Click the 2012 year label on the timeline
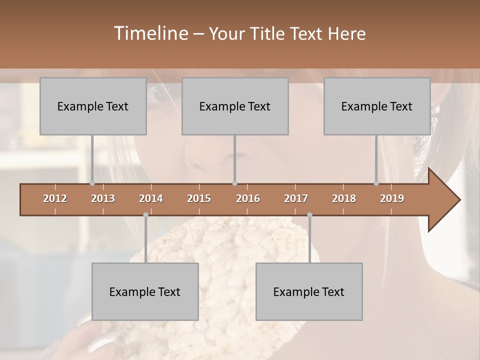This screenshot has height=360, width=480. (x=55, y=198)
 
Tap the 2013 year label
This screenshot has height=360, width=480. (x=103, y=198)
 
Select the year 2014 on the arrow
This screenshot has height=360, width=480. (x=151, y=198)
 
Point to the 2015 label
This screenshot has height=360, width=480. (x=199, y=198)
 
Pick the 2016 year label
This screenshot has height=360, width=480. (x=248, y=198)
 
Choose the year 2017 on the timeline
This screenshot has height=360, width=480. (x=296, y=198)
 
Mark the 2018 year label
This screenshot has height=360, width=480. (x=344, y=198)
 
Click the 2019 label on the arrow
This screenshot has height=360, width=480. (x=392, y=198)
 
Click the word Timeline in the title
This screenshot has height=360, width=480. (x=150, y=33)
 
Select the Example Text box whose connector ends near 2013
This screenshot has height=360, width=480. (x=93, y=106)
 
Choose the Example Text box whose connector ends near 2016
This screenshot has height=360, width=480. (x=235, y=106)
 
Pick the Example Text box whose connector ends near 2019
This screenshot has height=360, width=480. (x=377, y=106)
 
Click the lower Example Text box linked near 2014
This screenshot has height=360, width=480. (x=145, y=291)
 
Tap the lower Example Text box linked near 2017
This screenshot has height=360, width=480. (x=309, y=291)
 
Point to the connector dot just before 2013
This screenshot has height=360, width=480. (x=92, y=183)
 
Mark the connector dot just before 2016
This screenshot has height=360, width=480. (x=235, y=183)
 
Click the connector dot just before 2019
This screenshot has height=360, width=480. (x=376, y=183)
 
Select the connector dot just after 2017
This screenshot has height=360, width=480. (x=309, y=215)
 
